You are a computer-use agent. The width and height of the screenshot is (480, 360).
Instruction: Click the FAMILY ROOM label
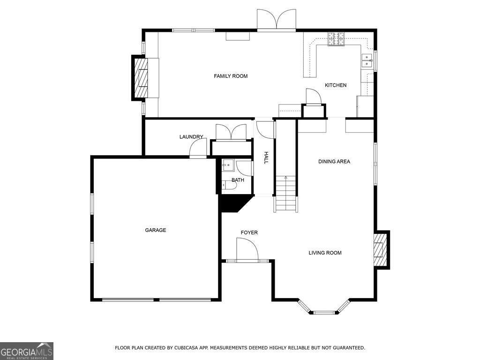tap(231, 76)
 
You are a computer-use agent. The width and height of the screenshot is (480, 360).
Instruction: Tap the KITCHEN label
tap(336, 85)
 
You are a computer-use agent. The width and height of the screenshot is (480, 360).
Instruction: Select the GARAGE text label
tap(155, 230)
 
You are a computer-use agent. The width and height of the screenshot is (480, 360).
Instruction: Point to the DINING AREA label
tap(334, 162)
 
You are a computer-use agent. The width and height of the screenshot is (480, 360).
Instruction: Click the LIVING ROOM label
tap(325, 253)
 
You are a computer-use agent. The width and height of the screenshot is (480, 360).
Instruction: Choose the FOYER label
tap(249, 233)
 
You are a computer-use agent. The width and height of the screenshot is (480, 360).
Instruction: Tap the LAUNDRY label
tap(191, 137)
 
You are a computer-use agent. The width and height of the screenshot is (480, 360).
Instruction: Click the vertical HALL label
tap(266, 157)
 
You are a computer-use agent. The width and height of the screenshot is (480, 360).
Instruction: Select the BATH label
tap(238, 180)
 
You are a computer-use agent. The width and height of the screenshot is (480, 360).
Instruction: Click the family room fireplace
tap(141, 78)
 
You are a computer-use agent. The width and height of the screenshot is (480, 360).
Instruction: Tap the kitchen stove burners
tap(336, 39)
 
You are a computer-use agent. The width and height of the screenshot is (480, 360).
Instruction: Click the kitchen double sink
tap(366, 60)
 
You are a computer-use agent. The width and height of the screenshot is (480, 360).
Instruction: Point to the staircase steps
tap(286, 194)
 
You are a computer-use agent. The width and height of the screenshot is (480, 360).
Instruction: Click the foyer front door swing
tap(247, 249)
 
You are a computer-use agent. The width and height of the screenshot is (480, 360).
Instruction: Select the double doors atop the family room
tap(276, 20)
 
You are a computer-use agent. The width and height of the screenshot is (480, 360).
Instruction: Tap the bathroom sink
tap(228, 165)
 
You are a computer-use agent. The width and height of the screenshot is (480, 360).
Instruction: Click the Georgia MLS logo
tap(27, 351)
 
